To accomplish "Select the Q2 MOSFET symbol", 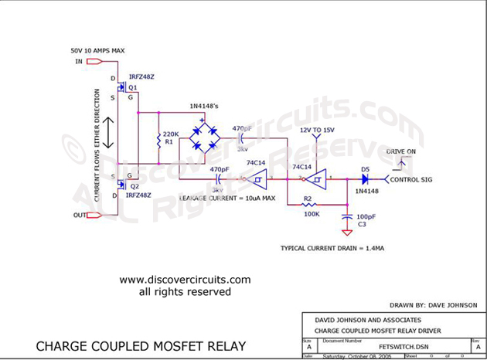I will coord(121,186).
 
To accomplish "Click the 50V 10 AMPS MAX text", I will coord(97,50).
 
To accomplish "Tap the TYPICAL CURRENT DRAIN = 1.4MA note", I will coord(332,249).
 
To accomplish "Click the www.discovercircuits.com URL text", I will coord(186,280).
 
